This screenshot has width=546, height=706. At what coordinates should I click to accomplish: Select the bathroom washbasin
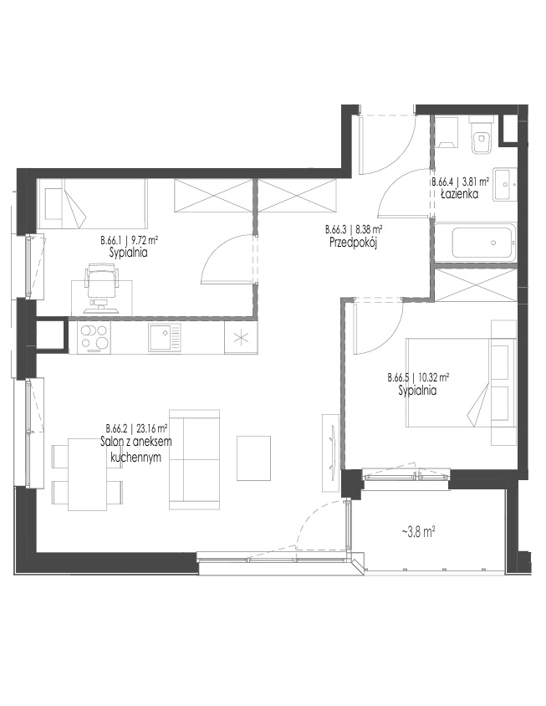(504, 184)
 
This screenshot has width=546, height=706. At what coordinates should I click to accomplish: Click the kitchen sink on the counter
(165, 337)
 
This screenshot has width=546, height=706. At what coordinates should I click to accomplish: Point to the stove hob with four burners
(95, 337)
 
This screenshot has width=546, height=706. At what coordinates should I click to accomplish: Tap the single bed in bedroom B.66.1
(92, 203)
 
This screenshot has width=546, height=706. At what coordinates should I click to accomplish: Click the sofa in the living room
(194, 459)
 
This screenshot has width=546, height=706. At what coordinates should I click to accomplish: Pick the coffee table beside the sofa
(254, 458)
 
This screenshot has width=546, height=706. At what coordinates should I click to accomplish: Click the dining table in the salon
(87, 474)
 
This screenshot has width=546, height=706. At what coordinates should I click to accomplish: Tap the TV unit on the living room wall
(331, 453)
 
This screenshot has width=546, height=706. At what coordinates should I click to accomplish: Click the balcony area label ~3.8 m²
(418, 532)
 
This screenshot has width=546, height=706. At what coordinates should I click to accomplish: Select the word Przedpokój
(353, 243)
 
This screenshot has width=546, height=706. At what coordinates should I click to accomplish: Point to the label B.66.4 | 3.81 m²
(461, 182)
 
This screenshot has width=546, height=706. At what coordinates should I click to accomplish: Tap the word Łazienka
(459, 194)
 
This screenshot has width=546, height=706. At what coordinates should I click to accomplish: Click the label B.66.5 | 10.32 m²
(419, 377)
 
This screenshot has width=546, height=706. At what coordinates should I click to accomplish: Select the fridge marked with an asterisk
(242, 338)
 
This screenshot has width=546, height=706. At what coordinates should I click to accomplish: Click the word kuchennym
(136, 457)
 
